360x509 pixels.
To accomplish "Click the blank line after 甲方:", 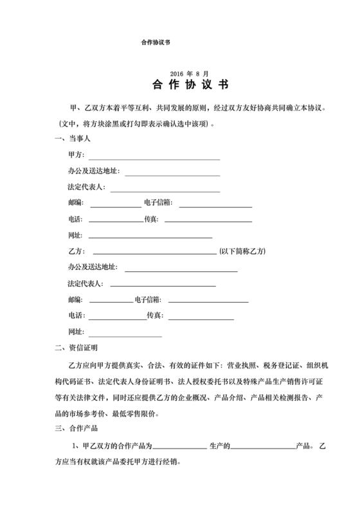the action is coord(154,157).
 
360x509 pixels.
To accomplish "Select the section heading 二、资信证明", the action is coord(76,348).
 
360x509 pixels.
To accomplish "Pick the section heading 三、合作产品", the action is coord(76,427).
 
